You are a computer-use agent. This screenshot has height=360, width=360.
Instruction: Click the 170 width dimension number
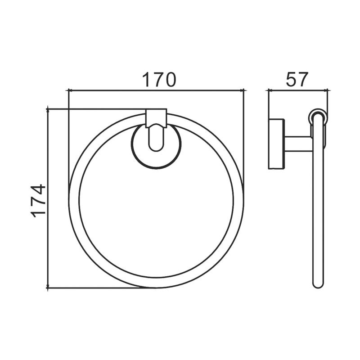(x=159, y=80)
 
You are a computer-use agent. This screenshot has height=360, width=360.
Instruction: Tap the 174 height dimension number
(x=38, y=200)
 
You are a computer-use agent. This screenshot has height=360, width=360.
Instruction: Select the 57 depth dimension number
(x=296, y=80)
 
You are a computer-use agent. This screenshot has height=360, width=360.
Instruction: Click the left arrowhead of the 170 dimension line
(x=71, y=91)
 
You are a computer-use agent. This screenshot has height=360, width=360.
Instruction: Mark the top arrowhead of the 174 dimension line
(x=48, y=111)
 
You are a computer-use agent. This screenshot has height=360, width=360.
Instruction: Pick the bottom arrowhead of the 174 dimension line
(x=48, y=285)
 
